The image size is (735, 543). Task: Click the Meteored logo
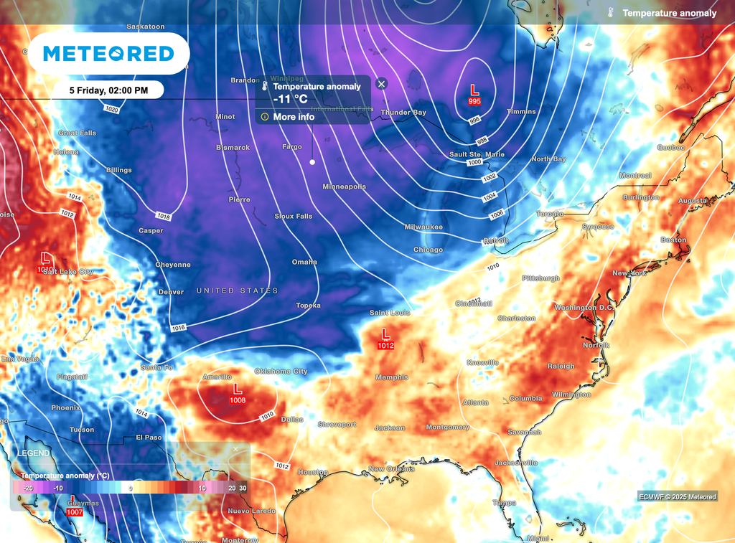pyautogui.click(x=108, y=54)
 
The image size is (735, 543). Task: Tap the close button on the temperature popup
pyautogui.click(x=382, y=84)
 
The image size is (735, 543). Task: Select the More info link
pyautogui.click(x=294, y=116)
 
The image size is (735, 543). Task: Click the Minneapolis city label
pyautogui.click(x=344, y=186)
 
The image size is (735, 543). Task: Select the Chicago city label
pyautogui.click(x=428, y=250)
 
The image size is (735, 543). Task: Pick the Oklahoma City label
pyautogui.click(x=281, y=372)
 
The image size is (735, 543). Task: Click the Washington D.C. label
pyautogui.click(x=584, y=308)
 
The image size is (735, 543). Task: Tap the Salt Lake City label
pyautogui.click(x=68, y=272)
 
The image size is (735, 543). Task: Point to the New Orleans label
pyautogui.click(x=391, y=469)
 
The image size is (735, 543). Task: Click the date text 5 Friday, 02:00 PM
pyautogui.click(x=108, y=90)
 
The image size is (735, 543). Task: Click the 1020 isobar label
pyautogui.click(x=111, y=110)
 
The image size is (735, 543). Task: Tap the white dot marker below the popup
pyautogui.click(x=312, y=163)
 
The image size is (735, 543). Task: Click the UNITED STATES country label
pyautogui.click(x=237, y=291)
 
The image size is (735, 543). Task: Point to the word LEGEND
pyautogui.click(x=34, y=453)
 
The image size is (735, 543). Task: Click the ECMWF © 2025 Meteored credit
pyautogui.click(x=676, y=496)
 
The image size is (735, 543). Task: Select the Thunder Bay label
pyautogui.click(x=403, y=113)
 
